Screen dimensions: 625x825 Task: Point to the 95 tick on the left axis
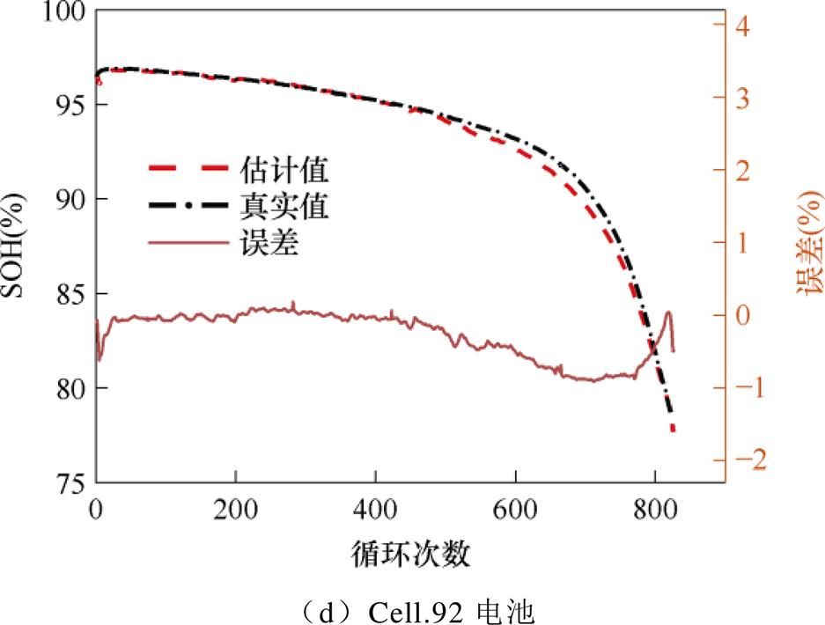(x=68, y=105)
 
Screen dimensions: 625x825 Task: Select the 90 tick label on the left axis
(x=68, y=200)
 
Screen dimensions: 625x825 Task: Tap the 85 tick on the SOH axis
(x=68, y=294)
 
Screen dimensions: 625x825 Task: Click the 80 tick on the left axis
(x=68, y=388)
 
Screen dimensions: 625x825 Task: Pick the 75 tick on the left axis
(x=68, y=482)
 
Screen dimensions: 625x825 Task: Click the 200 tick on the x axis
(x=235, y=510)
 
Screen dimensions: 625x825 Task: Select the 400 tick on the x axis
(x=375, y=510)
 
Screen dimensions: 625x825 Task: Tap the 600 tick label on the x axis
(x=515, y=510)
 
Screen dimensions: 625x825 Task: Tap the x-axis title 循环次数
(x=409, y=555)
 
